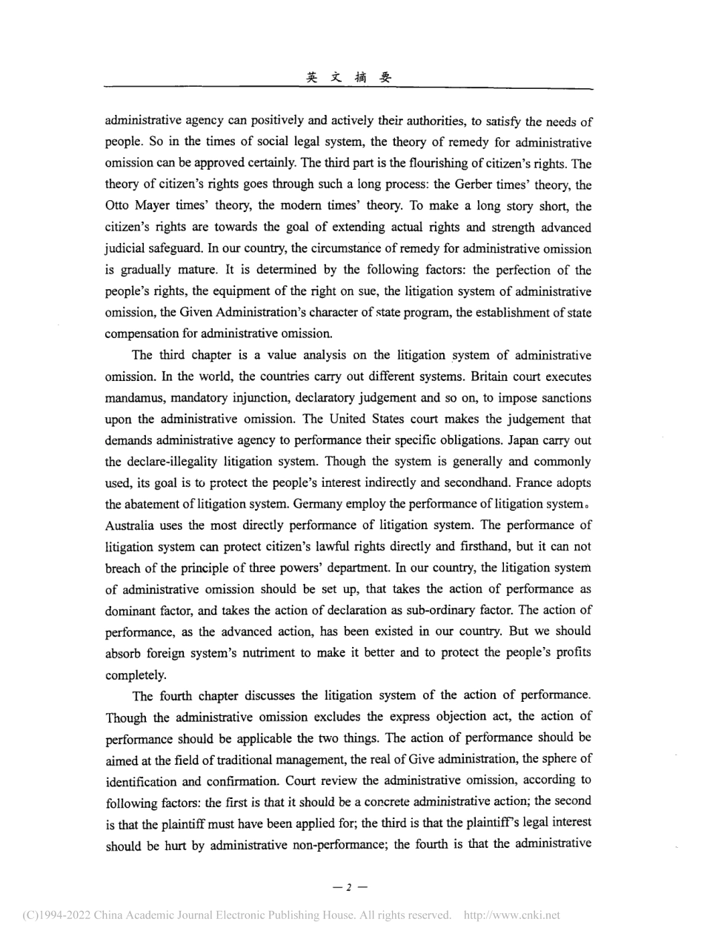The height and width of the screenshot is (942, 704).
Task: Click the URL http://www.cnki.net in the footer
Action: click(511, 915)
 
